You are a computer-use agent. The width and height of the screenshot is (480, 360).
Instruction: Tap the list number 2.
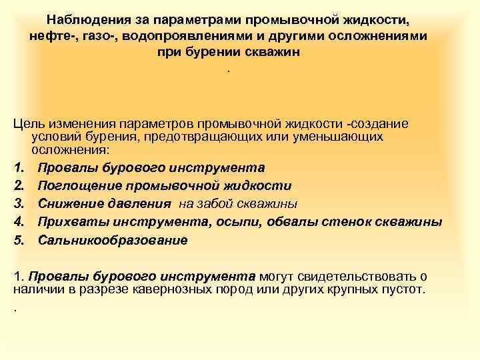18,185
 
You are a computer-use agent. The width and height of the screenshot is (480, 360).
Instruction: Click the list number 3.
18,203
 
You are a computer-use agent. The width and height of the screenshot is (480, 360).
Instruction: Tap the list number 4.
18,221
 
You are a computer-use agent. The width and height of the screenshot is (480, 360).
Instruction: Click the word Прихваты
68,221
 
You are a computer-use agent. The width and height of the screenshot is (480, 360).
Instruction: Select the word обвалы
301,221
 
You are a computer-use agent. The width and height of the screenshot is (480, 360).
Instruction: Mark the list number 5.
18,239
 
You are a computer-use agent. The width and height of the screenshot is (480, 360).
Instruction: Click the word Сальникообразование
113,239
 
